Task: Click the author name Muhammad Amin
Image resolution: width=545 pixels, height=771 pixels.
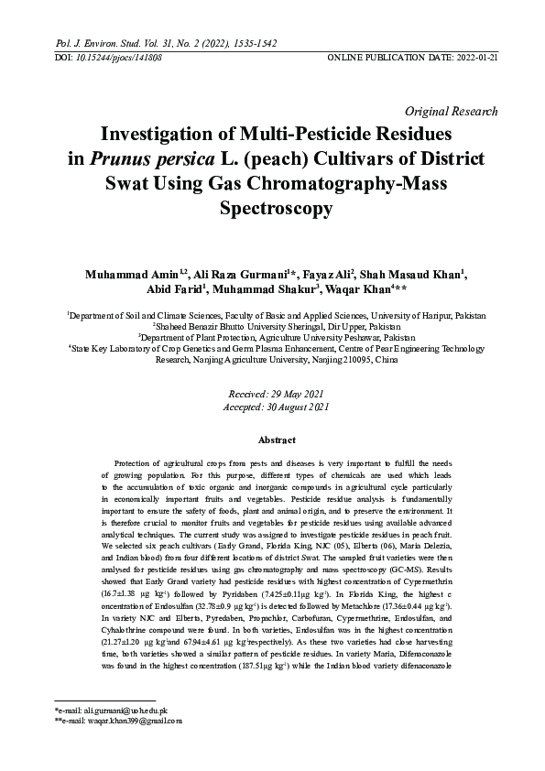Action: click(125, 273)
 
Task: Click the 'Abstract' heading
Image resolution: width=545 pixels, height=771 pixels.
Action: click(272, 440)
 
